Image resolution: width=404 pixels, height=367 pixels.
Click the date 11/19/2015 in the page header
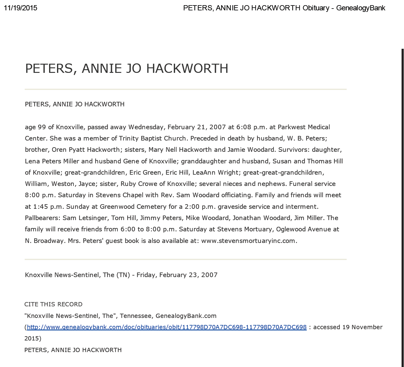point(20,8)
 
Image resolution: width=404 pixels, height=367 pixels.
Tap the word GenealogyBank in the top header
point(361,8)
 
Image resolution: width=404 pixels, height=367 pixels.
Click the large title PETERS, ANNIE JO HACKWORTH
point(127,68)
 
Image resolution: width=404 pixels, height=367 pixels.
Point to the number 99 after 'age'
point(42,127)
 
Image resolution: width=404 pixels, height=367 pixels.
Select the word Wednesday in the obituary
point(147,127)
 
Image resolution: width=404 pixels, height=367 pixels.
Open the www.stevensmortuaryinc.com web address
point(248,241)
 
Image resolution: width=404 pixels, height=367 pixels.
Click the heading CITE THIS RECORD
point(53,304)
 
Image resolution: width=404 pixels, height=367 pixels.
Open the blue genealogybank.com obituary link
point(166,327)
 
